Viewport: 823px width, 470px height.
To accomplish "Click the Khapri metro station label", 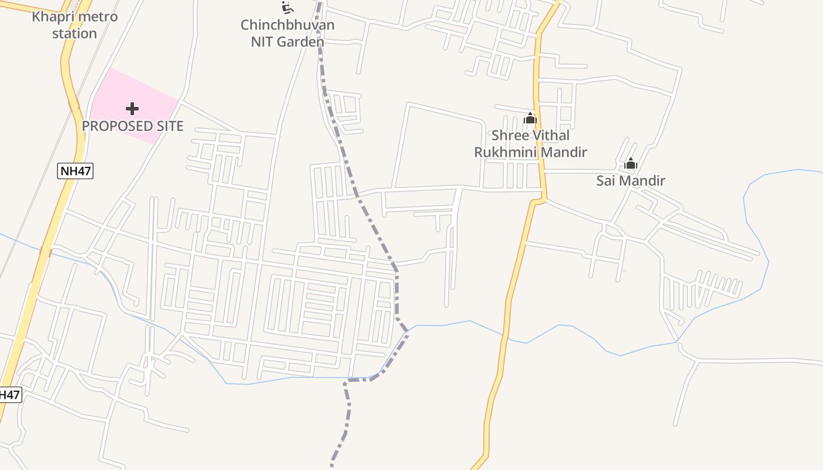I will pyautogui.click(x=75, y=25).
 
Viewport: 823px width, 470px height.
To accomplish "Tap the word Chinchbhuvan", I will pyautogui.click(x=287, y=25).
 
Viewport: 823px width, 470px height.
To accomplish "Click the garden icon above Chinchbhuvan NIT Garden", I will pyautogui.click(x=287, y=7).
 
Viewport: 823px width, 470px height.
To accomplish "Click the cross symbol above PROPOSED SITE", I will pyautogui.click(x=132, y=109).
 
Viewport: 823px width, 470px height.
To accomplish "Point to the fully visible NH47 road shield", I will pyautogui.click(x=75, y=172).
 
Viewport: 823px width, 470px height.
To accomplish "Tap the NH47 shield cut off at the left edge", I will pyautogui.click(x=9, y=395).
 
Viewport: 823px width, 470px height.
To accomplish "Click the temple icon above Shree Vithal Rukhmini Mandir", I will pyautogui.click(x=530, y=118).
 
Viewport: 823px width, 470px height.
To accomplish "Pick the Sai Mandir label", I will pyautogui.click(x=631, y=180).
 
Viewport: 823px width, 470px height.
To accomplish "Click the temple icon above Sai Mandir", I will pyautogui.click(x=631, y=163).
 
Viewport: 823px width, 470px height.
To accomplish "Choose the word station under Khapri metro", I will pyautogui.click(x=75, y=33).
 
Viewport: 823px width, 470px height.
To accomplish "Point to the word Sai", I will pyautogui.click(x=606, y=180).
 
